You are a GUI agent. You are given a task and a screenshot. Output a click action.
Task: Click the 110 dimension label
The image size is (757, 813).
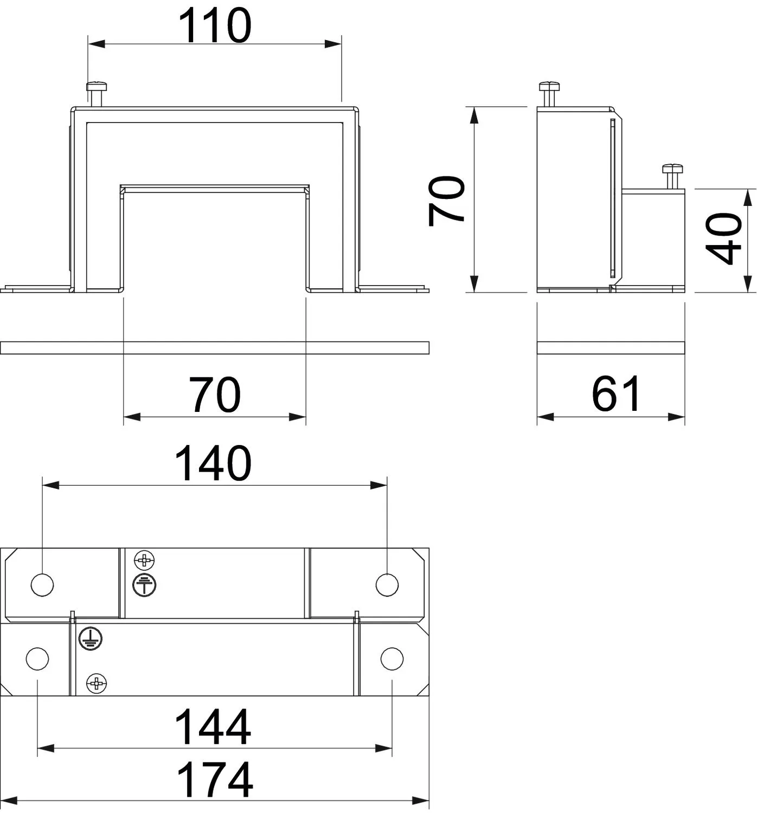[215, 25]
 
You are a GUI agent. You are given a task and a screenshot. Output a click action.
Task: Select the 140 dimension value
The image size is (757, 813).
[213, 463]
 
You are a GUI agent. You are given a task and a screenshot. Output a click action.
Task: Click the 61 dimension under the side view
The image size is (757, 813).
[615, 394]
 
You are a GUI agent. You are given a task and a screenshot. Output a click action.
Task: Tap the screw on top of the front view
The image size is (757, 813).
[97, 94]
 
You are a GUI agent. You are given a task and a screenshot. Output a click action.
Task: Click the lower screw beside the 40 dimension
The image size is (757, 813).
[672, 177]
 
